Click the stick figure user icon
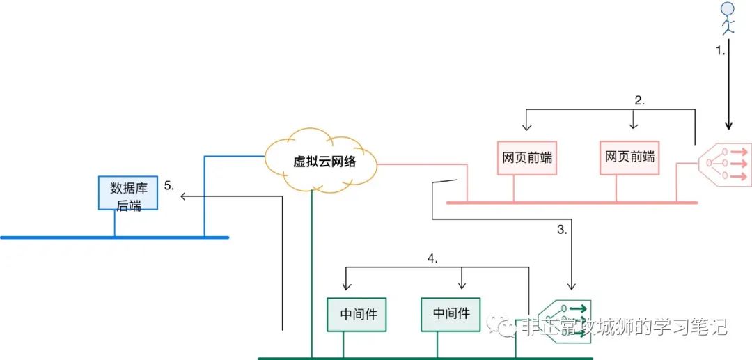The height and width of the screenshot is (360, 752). click(x=728, y=19)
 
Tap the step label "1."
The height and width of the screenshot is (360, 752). click(x=722, y=51)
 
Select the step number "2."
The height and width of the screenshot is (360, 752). click(x=639, y=100)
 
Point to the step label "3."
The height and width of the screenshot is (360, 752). click(x=563, y=228)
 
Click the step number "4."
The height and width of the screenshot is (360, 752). click(x=432, y=258)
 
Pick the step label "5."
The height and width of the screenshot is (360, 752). click(x=169, y=186)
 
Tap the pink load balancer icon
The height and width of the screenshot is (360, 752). click(x=726, y=163)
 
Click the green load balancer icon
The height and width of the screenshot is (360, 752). click(x=565, y=319)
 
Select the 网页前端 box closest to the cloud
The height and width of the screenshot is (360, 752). click(x=526, y=157)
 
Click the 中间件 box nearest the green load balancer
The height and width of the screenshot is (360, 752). click(x=451, y=314)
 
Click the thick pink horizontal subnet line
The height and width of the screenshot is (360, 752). click(x=571, y=203)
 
